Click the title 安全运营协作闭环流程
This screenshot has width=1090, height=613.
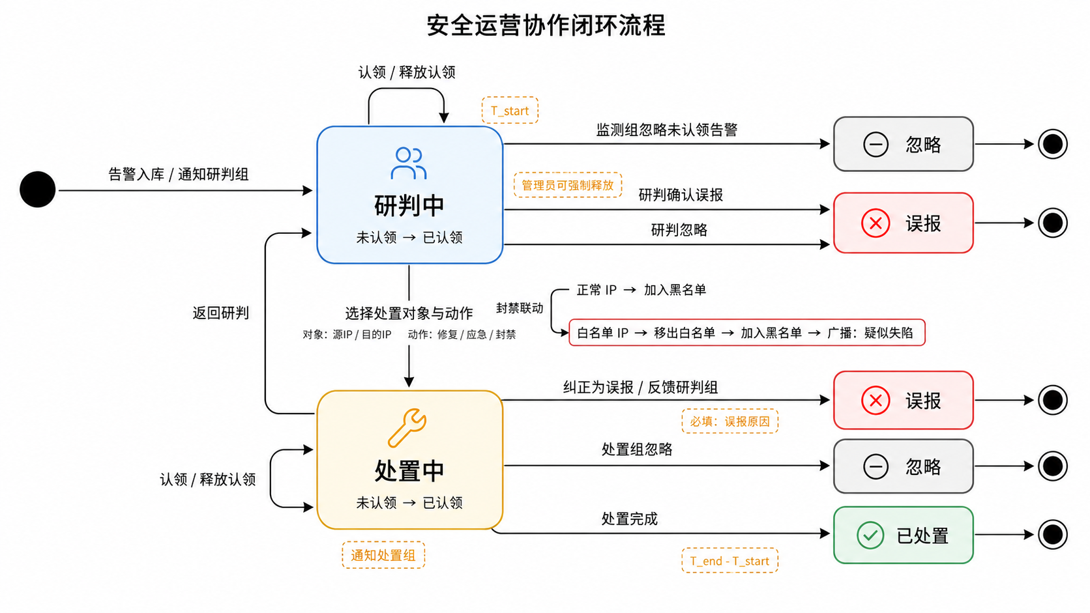[546, 25]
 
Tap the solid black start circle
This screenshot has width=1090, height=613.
[37, 190]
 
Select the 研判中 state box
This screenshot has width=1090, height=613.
[409, 195]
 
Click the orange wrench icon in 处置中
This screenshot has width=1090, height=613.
[407, 428]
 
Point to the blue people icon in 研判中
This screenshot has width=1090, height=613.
[409, 164]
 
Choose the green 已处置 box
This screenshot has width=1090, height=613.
[904, 535]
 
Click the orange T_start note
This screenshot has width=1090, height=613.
[510, 110]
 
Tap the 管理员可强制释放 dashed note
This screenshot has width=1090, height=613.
[568, 185]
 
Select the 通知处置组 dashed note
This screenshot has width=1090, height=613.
[383, 555]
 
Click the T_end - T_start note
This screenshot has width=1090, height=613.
[730, 560]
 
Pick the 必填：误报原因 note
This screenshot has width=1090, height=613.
[730, 421]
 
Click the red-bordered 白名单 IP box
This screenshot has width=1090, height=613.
[747, 332]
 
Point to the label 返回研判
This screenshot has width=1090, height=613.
[220, 313]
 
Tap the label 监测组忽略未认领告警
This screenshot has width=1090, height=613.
[667, 130]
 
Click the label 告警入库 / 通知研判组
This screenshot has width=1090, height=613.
[178, 174]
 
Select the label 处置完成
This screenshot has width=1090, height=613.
[629, 519]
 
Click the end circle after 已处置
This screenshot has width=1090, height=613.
[1053, 535]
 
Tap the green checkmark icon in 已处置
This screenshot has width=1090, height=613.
[870, 535]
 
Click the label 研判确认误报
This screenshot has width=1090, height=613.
[681, 195]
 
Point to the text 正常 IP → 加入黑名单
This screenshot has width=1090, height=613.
[641, 291]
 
